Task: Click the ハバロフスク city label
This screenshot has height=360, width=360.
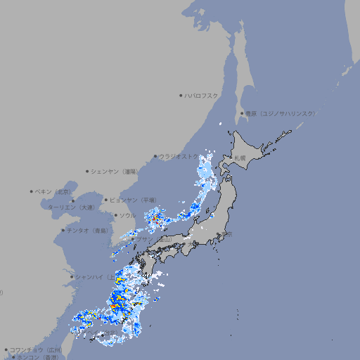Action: [202, 95]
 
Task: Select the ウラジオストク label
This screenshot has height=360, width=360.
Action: [179, 156]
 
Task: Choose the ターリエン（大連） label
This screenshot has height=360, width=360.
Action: [71, 207]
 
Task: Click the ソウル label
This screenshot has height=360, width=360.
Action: [127, 215]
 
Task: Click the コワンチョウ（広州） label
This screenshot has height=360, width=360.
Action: [36, 349]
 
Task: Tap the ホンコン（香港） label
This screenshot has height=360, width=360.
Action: [39, 357]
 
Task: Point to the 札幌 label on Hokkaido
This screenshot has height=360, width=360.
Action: [240, 157]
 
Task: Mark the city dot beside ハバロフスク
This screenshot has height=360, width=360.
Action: [181, 95]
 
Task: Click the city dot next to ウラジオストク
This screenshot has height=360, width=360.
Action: [155, 156]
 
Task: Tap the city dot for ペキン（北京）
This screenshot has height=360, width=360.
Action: [32, 191]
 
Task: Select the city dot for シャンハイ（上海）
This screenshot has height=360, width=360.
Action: [72, 277]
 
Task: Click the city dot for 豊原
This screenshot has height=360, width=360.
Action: [242, 113]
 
